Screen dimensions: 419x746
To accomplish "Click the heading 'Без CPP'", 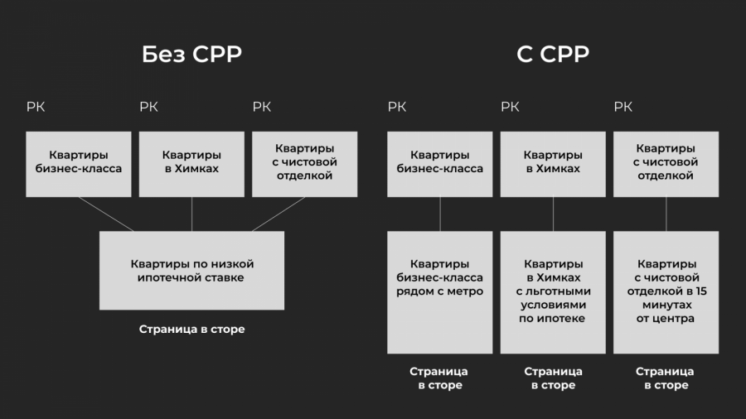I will [x=191, y=55].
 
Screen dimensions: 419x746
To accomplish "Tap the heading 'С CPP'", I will [x=553, y=55].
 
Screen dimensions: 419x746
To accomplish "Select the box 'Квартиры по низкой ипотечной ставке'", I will [x=191, y=271].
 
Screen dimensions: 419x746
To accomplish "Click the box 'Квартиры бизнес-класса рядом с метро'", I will [x=439, y=291].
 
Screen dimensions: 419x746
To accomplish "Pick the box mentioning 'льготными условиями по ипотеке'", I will [x=553, y=291].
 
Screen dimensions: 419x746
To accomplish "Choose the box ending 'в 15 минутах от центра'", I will [x=666, y=291].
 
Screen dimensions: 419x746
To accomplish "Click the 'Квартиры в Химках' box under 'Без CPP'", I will [x=191, y=164].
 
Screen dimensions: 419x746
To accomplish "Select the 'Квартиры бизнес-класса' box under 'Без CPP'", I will [x=79, y=164].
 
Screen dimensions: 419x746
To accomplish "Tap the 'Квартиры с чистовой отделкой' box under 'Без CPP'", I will [x=304, y=164].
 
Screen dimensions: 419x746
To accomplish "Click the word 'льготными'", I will [x=553, y=291].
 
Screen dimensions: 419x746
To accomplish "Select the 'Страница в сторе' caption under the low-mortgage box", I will [x=191, y=330].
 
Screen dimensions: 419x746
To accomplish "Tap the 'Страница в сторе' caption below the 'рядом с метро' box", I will [x=439, y=378].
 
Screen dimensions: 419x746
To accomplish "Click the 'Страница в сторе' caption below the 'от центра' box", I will [x=666, y=378].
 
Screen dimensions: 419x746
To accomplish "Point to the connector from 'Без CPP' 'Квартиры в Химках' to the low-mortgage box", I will [x=191, y=214].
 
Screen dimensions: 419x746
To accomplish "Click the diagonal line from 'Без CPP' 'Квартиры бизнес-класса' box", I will [x=106, y=214].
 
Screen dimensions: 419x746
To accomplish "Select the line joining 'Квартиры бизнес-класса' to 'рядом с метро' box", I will [x=439, y=214].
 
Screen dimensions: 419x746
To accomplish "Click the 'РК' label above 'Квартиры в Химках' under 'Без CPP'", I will [x=148, y=107].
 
